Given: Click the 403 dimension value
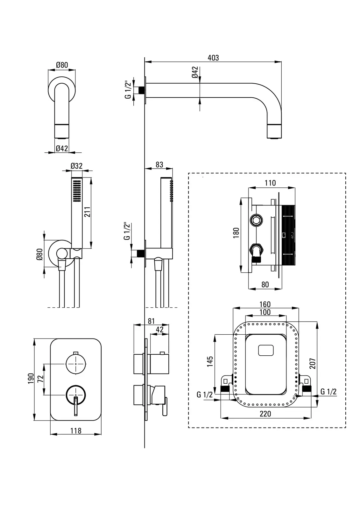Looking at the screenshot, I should pyautogui.click(x=213, y=58).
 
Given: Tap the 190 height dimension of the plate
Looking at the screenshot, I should pyautogui.click(x=31, y=378).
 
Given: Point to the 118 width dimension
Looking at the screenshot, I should pyautogui.click(x=76, y=431).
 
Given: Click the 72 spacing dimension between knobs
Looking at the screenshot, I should pyautogui.click(x=40, y=379).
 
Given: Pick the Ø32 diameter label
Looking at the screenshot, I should pyautogui.click(x=76, y=166).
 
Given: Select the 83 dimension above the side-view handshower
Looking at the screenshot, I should pyautogui.click(x=159, y=164).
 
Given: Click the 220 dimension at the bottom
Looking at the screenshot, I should pyautogui.click(x=265, y=414).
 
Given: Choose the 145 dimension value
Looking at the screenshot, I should pyautogui.click(x=210, y=362).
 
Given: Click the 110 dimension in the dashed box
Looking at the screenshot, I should pyautogui.click(x=270, y=183).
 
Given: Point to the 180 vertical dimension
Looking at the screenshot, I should pyautogui.click(x=236, y=234).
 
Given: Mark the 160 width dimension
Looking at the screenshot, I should pyautogui.click(x=265, y=304).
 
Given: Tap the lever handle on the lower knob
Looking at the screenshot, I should pyautogui.click(x=76, y=406).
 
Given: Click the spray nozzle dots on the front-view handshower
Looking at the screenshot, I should pyautogui.click(x=76, y=191).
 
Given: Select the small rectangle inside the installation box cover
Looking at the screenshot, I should pyautogui.click(x=265, y=351).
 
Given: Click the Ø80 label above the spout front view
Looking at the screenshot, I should pyautogui.click(x=62, y=65).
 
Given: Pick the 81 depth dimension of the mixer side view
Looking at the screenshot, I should pyautogui.click(x=151, y=321).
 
